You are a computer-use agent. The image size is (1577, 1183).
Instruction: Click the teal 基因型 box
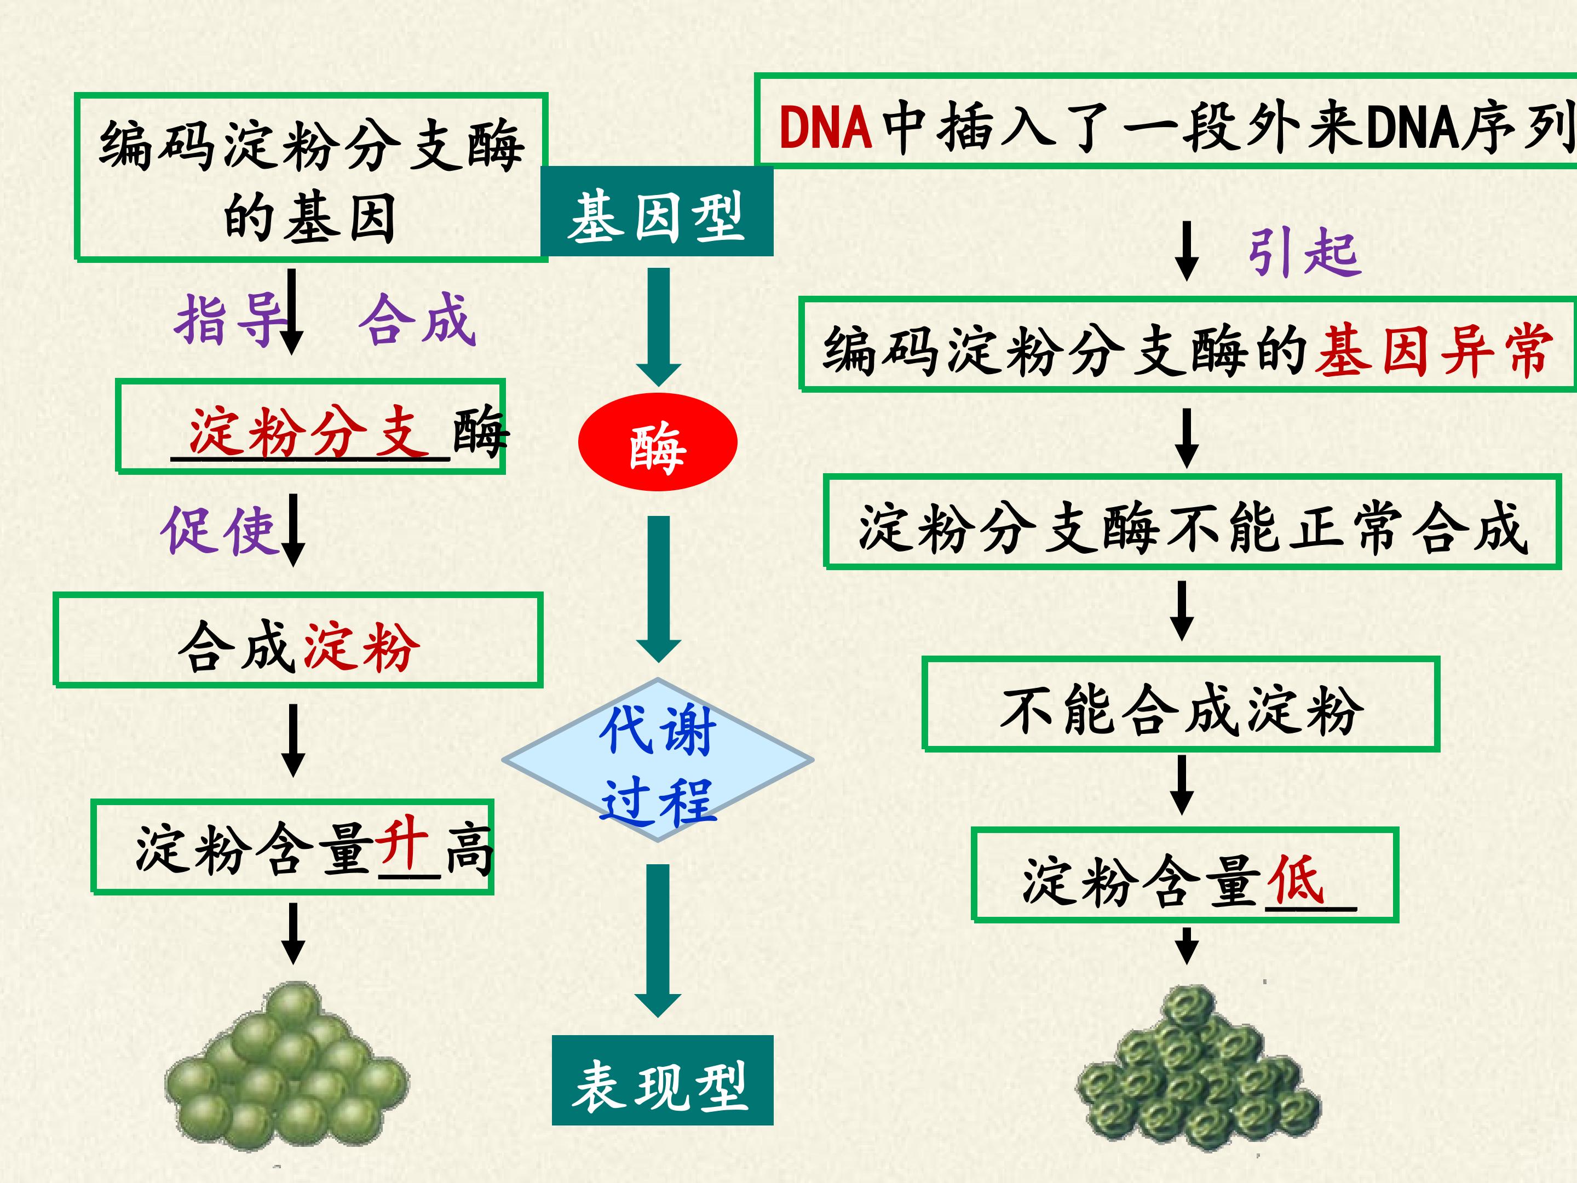pos(657,211)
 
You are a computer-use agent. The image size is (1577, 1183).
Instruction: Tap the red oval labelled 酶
pos(657,442)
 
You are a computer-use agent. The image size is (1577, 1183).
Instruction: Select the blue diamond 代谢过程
pos(657,760)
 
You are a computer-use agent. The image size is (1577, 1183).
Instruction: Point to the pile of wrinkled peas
pos(1198,1067)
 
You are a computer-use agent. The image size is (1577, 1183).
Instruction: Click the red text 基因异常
pos(1434,349)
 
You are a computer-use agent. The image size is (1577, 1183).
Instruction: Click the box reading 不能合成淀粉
pos(1181,704)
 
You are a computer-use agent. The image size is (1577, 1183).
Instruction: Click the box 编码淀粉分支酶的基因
pos(311,177)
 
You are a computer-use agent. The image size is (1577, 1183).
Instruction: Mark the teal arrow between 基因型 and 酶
pos(658,328)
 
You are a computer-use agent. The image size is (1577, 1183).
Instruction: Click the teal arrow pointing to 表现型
pos(658,940)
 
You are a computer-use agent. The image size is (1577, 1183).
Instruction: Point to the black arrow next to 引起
pos(1187,250)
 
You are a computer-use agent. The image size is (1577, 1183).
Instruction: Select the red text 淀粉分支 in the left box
pos(310,432)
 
